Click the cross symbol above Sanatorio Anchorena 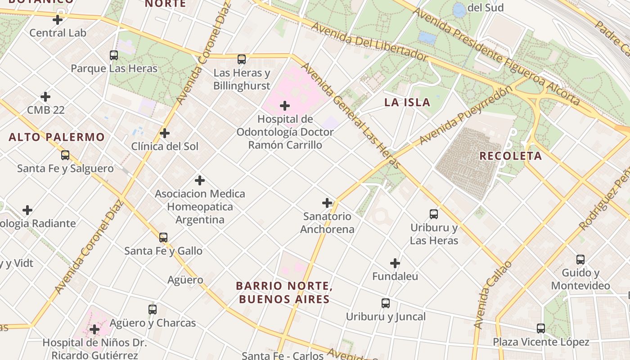point(327,203)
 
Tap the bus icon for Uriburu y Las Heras point(434,214)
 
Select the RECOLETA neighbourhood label point(510,156)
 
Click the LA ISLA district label point(407,102)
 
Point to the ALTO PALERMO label point(57,137)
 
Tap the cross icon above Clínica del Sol point(165,133)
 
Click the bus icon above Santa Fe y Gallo point(163,237)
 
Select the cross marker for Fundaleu point(395,263)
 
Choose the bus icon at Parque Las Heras point(114,55)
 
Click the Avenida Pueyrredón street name point(465,115)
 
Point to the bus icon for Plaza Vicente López point(541,328)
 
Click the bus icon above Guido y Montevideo point(580,260)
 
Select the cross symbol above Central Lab point(58,20)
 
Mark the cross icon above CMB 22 point(45,97)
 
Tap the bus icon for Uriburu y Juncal point(386,303)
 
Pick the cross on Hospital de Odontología point(285,106)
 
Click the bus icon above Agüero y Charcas point(153,310)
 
